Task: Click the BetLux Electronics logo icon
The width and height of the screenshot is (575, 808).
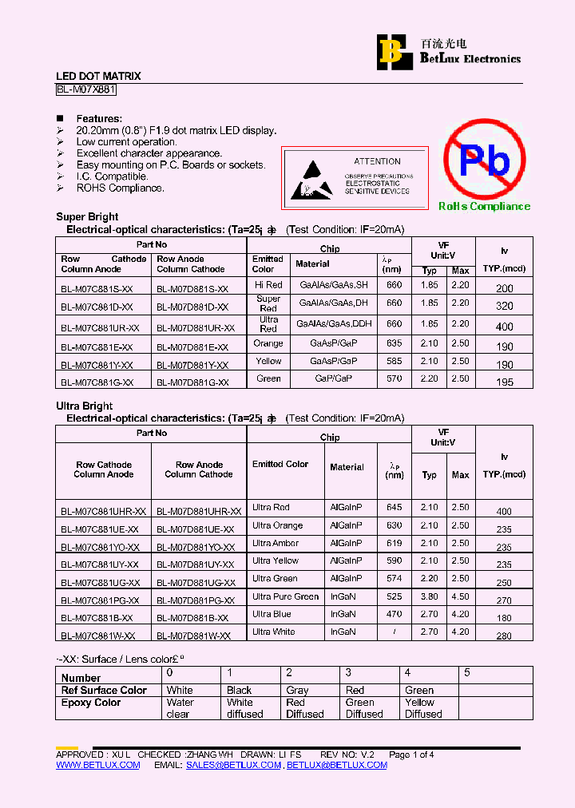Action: click(391, 50)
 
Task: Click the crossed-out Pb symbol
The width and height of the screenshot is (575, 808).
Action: click(484, 160)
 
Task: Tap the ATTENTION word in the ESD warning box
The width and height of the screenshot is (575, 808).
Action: click(377, 161)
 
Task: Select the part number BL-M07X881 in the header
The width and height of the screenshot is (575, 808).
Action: click(86, 90)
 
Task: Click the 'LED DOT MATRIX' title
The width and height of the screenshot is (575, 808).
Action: click(98, 76)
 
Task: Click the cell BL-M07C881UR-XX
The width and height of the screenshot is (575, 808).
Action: click(100, 327)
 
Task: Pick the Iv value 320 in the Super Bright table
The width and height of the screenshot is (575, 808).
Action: click(504, 306)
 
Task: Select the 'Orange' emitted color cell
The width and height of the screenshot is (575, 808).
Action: click(268, 343)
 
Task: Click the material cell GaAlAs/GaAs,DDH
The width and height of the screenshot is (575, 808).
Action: click(334, 324)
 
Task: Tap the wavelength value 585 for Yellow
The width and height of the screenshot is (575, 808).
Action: click(394, 361)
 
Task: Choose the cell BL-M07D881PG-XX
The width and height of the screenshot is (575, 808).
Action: click(196, 600)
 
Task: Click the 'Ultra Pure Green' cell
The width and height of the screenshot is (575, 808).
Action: click(285, 596)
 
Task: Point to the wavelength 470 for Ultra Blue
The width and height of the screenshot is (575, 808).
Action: click(394, 614)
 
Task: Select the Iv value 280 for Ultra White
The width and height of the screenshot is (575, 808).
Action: click(504, 636)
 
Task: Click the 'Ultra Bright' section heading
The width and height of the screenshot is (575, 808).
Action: click(84, 406)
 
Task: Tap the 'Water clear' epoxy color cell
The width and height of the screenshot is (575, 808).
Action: click(180, 708)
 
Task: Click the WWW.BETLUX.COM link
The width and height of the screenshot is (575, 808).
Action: click(97, 765)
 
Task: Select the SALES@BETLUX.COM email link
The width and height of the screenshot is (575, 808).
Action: click(233, 765)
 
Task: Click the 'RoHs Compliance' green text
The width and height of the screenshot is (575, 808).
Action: click(484, 206)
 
